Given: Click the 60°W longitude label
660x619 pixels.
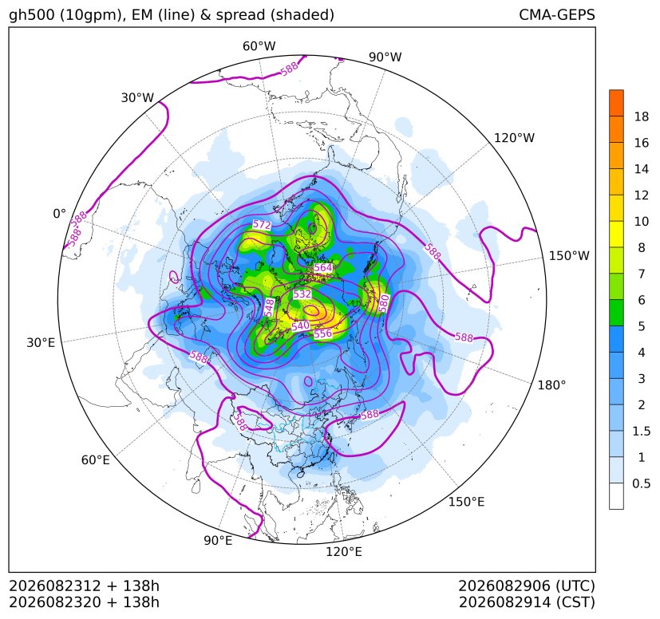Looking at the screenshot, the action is (259, 46).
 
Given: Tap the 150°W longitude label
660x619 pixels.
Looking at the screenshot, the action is (569, 255).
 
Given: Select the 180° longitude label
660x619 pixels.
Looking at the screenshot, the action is (551, 384).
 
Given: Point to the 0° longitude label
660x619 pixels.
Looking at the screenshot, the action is (59, 214).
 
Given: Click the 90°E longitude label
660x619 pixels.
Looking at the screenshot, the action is (218, 540).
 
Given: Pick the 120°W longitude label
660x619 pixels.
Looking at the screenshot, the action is (514, 138).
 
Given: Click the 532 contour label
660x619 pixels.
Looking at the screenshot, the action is (302, 294).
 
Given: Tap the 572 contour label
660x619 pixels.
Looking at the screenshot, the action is (262, 225).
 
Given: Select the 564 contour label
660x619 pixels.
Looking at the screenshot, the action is (323, 268).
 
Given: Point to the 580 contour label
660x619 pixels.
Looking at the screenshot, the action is (383, 303).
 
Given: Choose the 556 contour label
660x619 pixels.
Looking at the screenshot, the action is (323, 333).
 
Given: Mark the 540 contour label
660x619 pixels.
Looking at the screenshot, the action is (301, 325).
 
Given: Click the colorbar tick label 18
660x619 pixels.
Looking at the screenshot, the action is (641, 116).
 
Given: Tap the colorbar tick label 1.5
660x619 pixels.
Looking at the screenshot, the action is (641, 431).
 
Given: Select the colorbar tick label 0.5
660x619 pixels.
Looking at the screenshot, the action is (641, 483).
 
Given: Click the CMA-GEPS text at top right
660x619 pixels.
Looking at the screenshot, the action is (557, 14).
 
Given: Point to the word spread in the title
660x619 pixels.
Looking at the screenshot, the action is (241, 16).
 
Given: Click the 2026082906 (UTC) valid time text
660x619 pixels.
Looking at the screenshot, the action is (527, 585).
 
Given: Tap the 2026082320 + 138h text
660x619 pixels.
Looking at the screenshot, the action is (84, 602).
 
